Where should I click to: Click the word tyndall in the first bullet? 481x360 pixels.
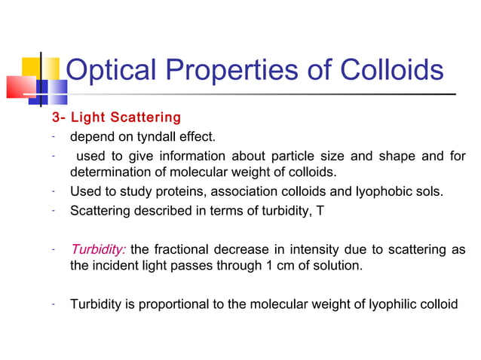tap(149, 137)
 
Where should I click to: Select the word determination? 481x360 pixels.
tap(110, 173)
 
